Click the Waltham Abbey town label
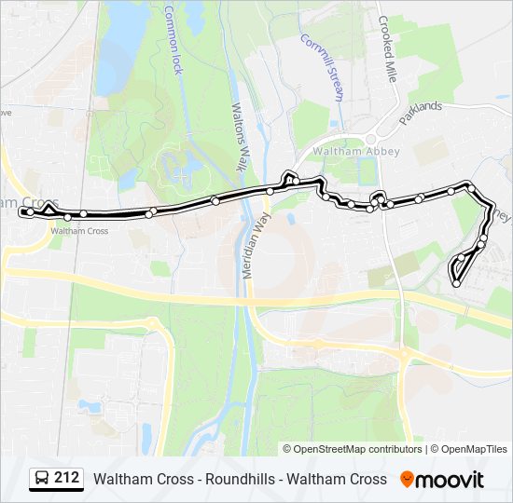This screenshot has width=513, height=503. (357, 151)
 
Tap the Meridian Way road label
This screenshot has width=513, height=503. (250, 243)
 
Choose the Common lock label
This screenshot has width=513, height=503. (173, 41)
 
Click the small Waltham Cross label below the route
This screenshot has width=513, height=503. (79, 231)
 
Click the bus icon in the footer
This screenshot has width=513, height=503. (42, 479)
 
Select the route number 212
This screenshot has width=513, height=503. (66, 479)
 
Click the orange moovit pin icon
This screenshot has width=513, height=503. (407, 480)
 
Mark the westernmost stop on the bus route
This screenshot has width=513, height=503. (22, 212)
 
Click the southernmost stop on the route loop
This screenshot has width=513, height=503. (456, 282)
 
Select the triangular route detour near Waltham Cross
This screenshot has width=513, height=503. (49, 208)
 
